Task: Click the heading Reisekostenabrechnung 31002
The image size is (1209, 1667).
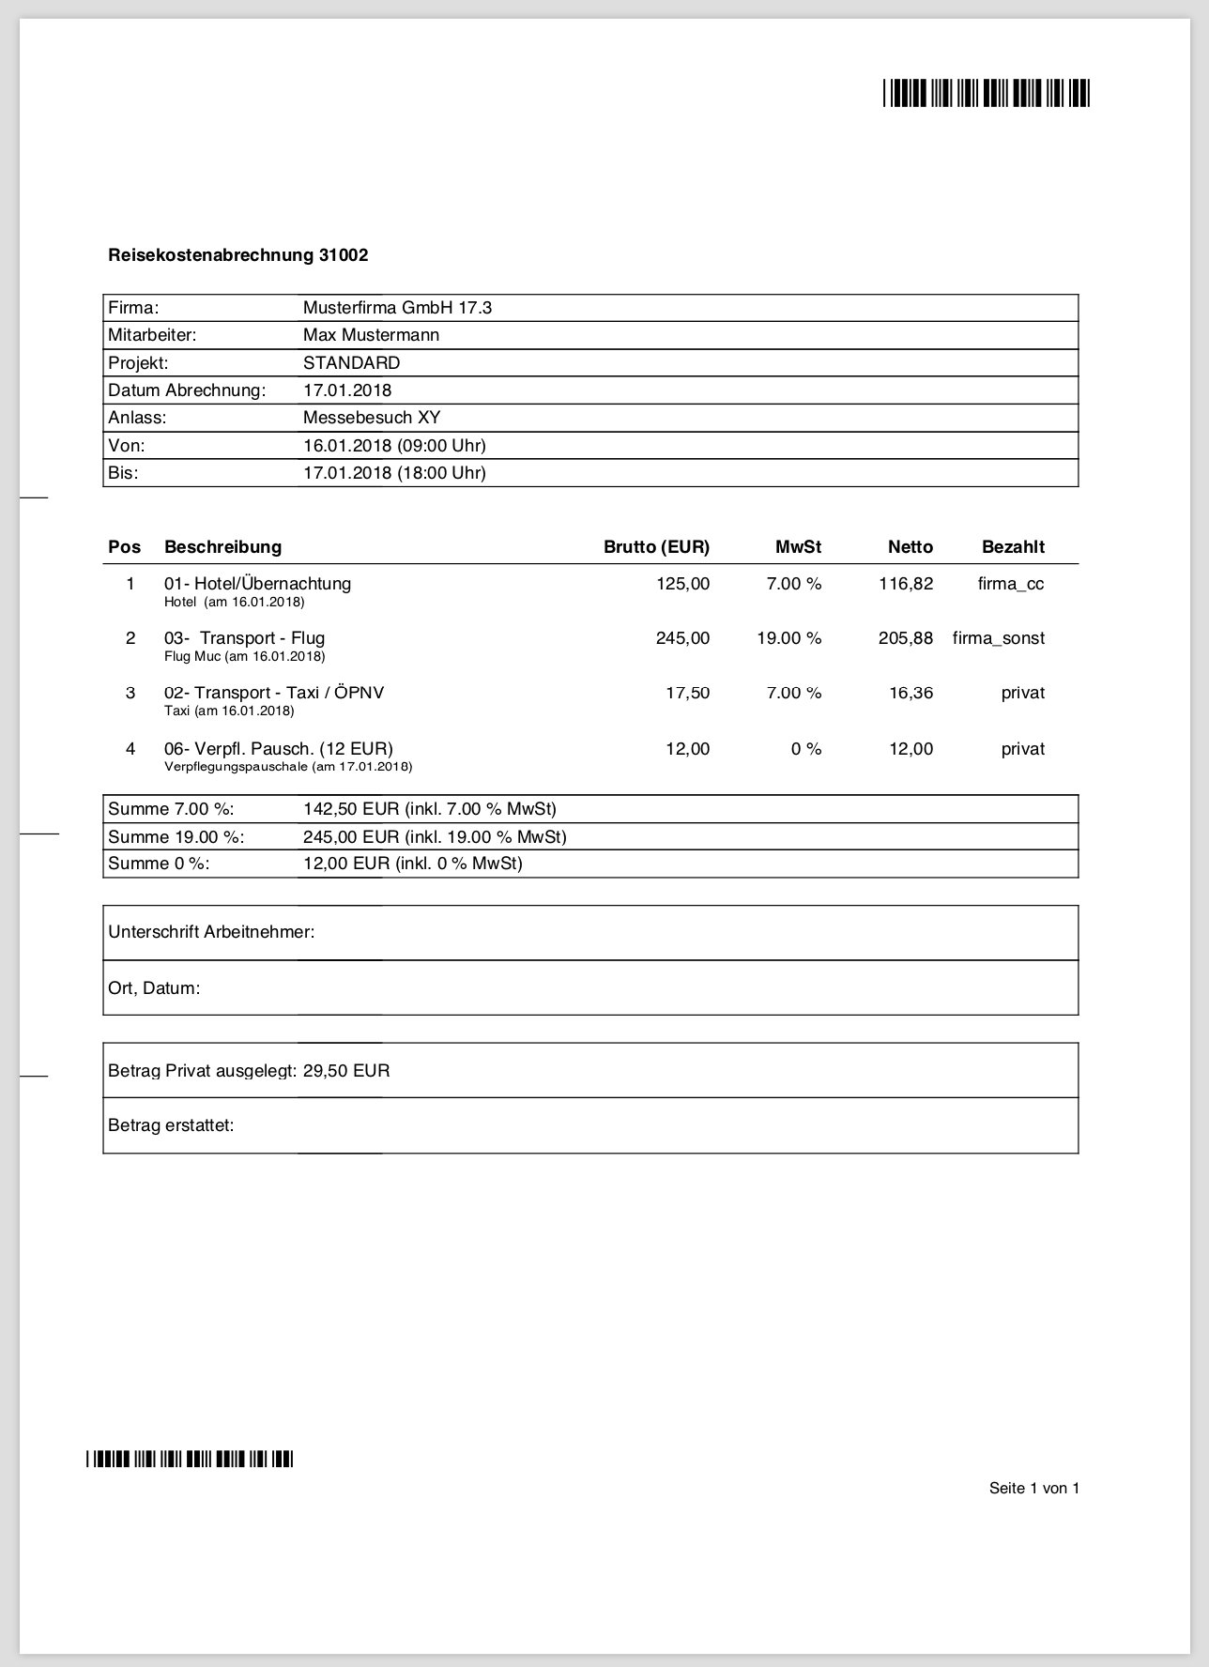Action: (237, 255)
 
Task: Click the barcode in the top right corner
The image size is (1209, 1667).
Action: (986, 94)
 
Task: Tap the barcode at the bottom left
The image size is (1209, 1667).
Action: (190, 1459)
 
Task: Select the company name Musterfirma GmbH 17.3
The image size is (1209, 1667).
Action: (397, 308)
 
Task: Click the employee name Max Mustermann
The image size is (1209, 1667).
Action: (371, 335)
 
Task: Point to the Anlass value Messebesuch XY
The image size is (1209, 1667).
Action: (372, 418)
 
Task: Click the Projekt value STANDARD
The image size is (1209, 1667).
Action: (351, 363)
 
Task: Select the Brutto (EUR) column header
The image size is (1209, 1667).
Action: (656, 547)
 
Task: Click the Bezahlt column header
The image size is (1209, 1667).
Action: (1013, 547)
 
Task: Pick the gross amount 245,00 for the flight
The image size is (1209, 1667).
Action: (682, 638)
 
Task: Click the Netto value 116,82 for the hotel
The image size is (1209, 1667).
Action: (906, 584)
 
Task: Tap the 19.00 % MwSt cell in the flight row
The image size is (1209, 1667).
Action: (788, 638)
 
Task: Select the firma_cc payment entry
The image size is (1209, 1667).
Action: (1010, 584)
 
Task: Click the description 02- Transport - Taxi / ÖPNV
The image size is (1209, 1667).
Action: (274, 693)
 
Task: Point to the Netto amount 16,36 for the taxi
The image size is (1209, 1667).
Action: (911, 693)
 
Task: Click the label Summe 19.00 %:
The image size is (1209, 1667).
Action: (176, 837)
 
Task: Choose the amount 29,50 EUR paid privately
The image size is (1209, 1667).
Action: (346, 1071)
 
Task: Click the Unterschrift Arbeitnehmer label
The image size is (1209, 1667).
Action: (211, 932)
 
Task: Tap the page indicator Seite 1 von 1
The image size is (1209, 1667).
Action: (1034, 1488)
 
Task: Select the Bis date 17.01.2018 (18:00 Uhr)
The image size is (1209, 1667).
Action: (394, 473)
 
